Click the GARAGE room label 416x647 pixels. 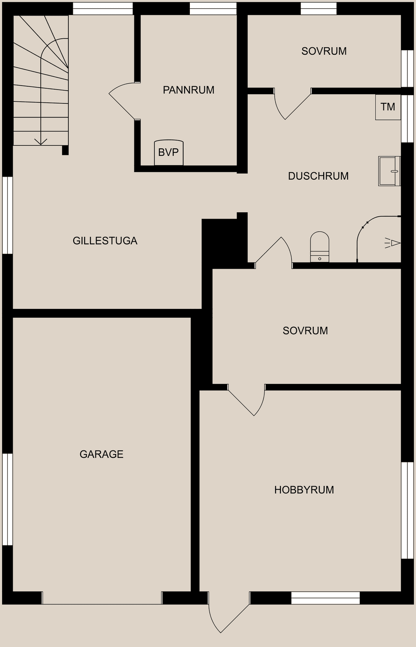click(x=101, y=454)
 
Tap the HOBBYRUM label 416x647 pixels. click(x=304, y=490)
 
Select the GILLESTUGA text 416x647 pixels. click(x=105, y=241)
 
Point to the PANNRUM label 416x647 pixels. click(x=188, y=90)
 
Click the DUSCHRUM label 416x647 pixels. click(x=318, y=176)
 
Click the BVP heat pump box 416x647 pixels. click(x=169, y=152)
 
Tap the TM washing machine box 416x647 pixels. click(x=388, y=107)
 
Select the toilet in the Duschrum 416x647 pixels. click(x=319, y=247)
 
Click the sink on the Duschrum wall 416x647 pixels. click(x=389, y=171)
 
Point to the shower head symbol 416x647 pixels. click(x=393, y=243)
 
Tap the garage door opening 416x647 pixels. click(x=102, y=598)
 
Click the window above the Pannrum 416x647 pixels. click(x=213, y=9)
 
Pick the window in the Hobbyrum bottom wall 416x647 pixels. click(x=325, y=598)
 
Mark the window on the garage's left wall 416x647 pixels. click(x=7, y=499)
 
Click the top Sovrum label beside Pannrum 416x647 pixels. click(x=324, y=51)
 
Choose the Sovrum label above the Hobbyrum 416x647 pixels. click(x=305, y=331)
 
